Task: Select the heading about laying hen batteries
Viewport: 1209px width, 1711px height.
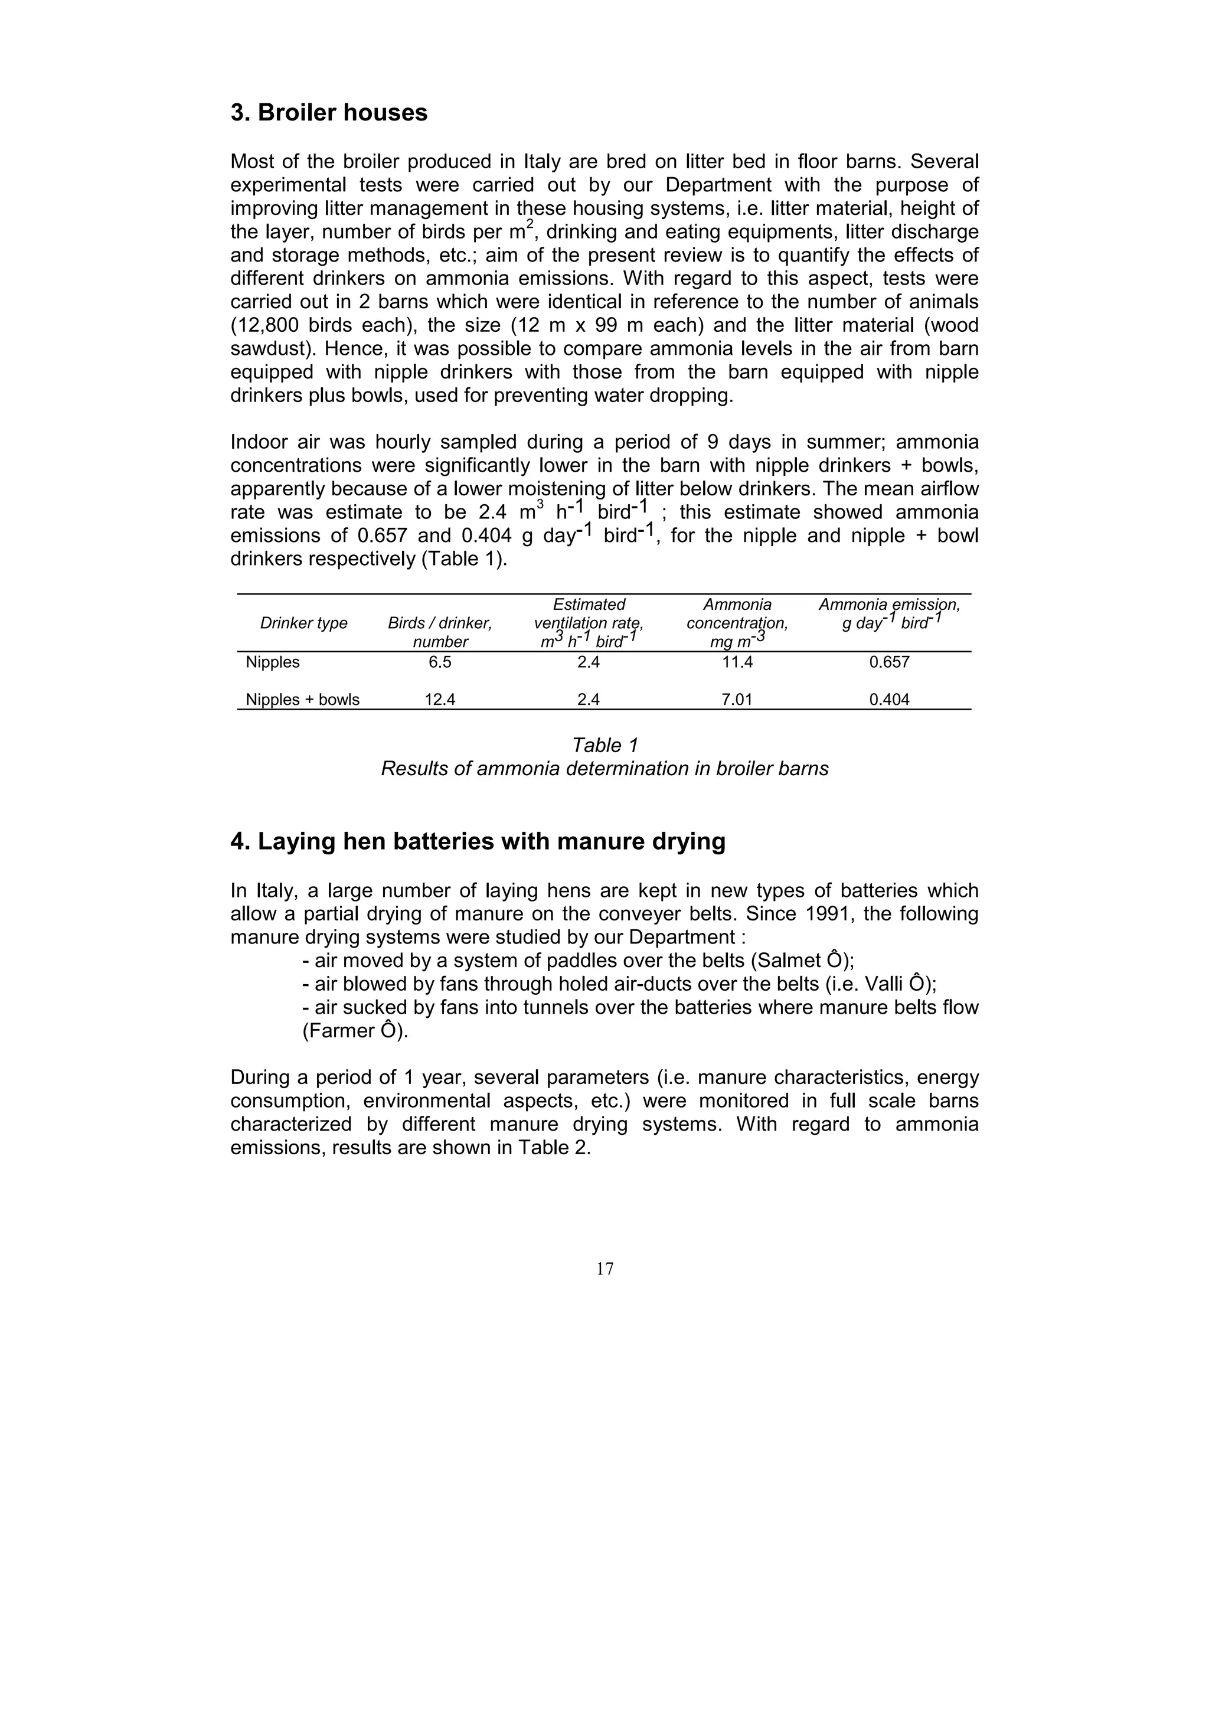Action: click(478, 841)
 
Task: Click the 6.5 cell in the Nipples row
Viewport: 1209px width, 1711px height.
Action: click(439, 662)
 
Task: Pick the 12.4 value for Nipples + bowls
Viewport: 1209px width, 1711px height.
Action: click(439, 700)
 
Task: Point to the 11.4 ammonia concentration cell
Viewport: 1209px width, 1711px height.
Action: click(737, 662)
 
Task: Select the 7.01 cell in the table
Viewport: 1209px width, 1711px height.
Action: click(737, 700)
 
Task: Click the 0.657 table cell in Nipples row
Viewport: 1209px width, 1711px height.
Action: click(890, 662)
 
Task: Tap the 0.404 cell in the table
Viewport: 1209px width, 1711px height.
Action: click(890, 700)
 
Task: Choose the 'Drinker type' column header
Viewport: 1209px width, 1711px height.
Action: click(303, 623)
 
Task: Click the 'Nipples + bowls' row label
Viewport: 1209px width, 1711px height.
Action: click(302, 700)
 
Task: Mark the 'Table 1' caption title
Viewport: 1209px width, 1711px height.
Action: click(604, 745)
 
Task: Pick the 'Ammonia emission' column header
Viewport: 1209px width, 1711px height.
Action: click(890, 605)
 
